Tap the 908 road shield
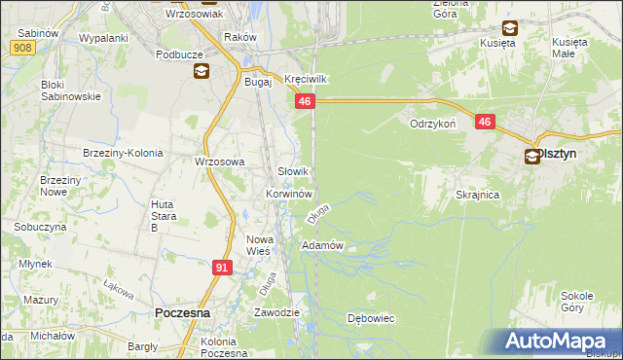pos(26,46)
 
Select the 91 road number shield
pos(223,266)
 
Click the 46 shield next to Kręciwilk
pos(306,101)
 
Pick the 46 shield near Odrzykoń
pos(485,122)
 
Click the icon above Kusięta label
pos(508,29)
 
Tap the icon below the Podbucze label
pos(202,71)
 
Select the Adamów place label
pos(323,245)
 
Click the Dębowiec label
pos(370,318)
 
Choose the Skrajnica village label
pos(477,195)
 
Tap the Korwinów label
pos(287,195)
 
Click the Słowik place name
pos(294,171)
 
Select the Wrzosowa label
pos(219,162)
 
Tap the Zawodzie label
pos(275,312)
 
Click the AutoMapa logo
pos(559,342)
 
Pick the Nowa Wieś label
pos(258,245)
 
